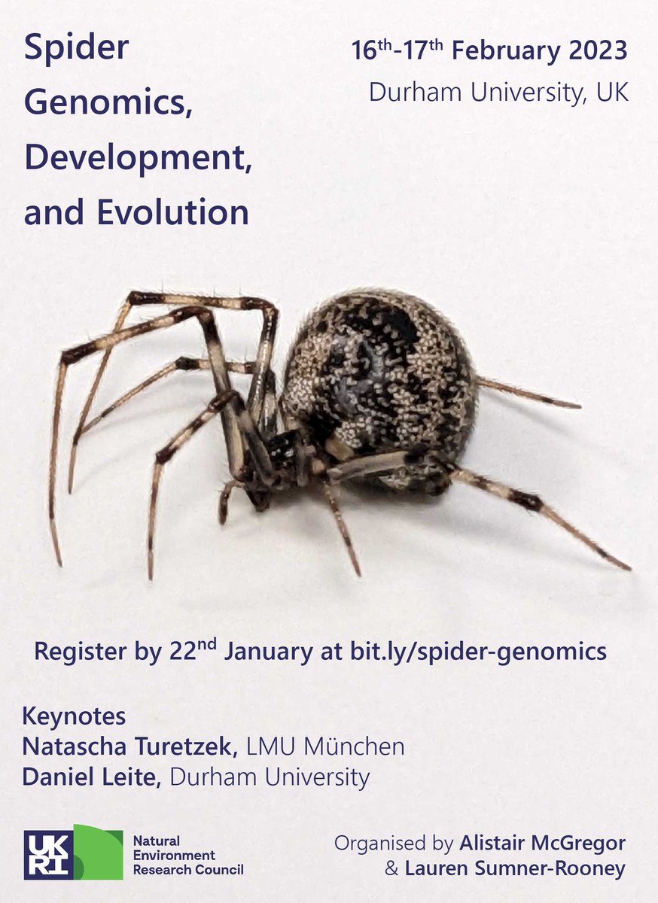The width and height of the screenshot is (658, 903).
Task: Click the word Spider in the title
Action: [x=76, y=50]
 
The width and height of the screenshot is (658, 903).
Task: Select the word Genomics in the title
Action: [x=108, y=105]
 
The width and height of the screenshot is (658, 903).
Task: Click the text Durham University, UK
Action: [x=498, y=93]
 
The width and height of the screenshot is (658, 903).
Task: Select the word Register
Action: [x=81, y=652]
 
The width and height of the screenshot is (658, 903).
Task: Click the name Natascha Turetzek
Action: [x=130, y=746]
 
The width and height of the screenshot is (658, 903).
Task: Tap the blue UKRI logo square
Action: [x=48, y=855]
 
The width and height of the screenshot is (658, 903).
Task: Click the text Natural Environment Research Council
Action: [x=187, y=855]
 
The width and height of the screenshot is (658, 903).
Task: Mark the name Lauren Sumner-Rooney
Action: [x=515, y=869]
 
